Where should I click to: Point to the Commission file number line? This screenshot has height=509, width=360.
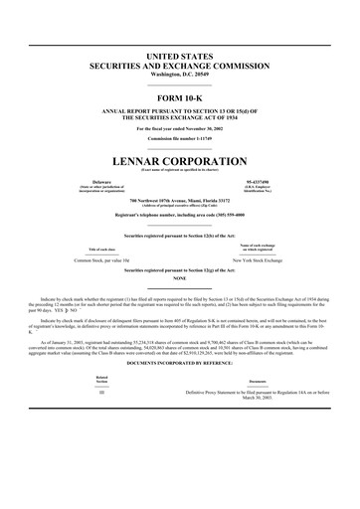coord(180,138)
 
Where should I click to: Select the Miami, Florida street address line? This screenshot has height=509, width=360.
coord(180,201)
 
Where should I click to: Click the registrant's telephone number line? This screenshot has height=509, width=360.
coord(180,214)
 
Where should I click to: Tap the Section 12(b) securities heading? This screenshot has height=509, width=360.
coord(180,235)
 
